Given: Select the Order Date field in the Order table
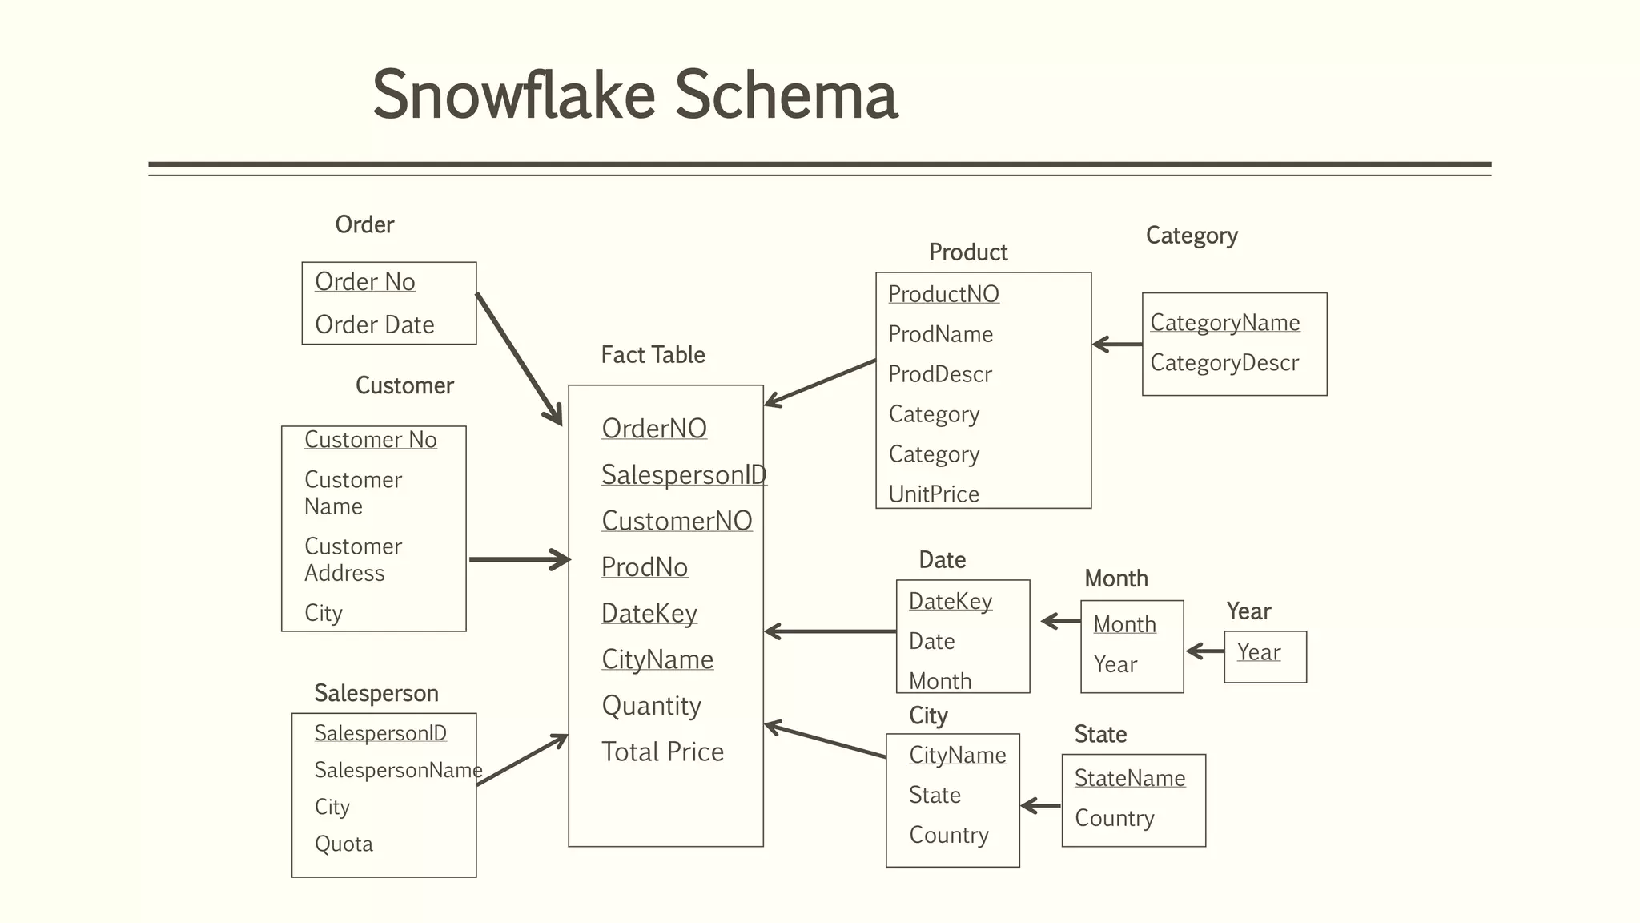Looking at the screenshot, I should pyautogui.click(x=374, y=324).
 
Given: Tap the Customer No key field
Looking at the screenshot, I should pyautogui.click(x=370, y=440).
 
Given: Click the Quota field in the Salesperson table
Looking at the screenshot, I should pyautogui.click(x=344, y=844).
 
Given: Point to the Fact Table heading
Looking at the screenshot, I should pyautogui.click(x=653, y=355).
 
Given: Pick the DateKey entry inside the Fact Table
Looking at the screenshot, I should pyautogui.click(x=649, y=613).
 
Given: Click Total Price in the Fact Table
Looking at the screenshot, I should pyautogui.click(x=662, y=752).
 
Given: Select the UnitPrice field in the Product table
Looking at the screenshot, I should pyautogui.click(x=934, y=494).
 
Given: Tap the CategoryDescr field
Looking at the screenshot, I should pyautogui.click(x=1224, y=363).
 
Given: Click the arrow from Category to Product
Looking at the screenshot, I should pyautogui.click(x=1117, y=345).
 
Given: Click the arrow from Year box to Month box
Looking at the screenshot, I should pyautogui.click(x=1204, y=651).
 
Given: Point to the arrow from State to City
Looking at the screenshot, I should pyautogui.click(x=1041, y=806).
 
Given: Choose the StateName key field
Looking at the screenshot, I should pyautogui.click(x=1129, y=778).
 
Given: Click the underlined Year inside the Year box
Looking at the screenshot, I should pyautogui.click(x=1258, y=652).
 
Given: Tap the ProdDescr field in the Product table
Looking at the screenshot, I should pyautogui.click(x=940, y=374).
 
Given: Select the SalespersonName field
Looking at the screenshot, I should pyautogui.click(x=398, y=770).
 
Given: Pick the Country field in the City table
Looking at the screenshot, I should pyautogui.click(x=948, y=835).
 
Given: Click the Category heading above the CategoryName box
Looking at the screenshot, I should pyautogui.click(x=1191, y=236).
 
